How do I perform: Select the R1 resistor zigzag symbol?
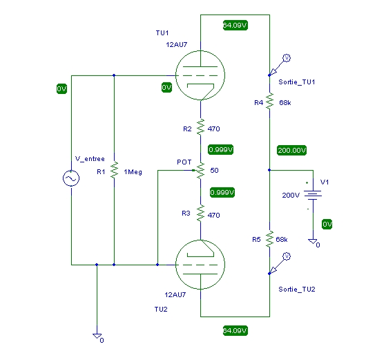tap(114, 170)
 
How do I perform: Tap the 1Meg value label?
tap(133, 172)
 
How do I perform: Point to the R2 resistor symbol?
tap(200, 127)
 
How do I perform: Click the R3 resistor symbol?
tap(200, 213)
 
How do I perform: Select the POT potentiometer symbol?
tap(200, 170)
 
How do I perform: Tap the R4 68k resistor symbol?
tap(269, 101)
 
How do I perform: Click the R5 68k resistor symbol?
tap(269, 239)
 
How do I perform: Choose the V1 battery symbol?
tap(313, 195)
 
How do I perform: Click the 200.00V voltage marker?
tap(292, 150)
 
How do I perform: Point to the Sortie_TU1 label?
tap(297, 82)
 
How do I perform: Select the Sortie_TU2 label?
tap(297, 290)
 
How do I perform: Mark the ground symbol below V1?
tap(313, 241)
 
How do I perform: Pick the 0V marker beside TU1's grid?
tap(166, 87)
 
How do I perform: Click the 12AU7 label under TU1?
tap(177, 45)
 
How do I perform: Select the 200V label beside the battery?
tap(291, 196)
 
